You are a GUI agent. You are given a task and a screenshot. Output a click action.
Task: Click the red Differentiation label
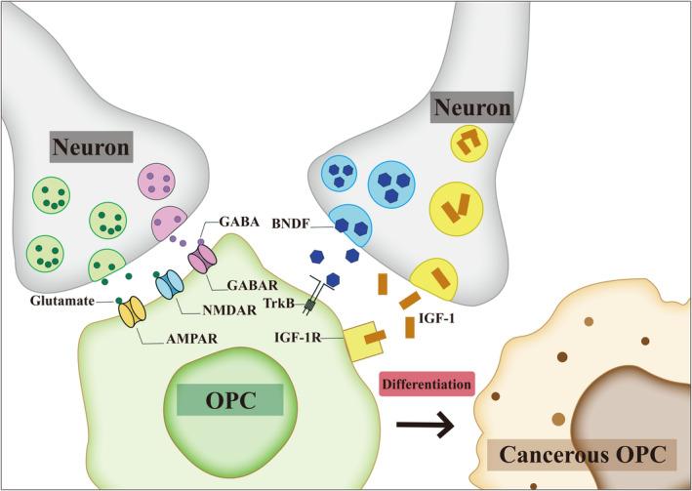point(425,385)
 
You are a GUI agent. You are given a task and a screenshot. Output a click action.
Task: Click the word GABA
point(239,223)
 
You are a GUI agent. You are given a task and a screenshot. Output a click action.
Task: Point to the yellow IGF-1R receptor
point(356,337)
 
